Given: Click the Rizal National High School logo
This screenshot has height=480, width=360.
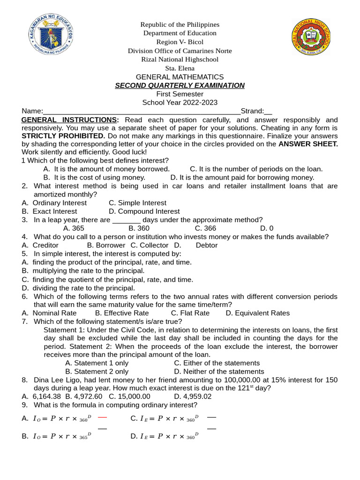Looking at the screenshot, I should pos(311,37).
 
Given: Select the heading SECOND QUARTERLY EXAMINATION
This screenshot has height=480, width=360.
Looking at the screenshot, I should pos(180,85).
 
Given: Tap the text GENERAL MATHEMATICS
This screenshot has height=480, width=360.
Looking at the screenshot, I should pos(180,77).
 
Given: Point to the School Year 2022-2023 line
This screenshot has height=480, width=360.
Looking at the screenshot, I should pos(180,103).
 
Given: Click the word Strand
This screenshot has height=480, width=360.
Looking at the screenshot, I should pos(252,111).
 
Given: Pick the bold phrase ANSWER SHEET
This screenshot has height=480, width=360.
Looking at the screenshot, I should pos(308,144).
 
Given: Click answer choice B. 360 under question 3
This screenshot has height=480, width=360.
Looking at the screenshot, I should pos(139,228).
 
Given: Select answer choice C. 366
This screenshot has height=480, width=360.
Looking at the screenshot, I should pos(205,228).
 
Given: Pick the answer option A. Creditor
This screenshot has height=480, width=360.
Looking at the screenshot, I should pos(40,245).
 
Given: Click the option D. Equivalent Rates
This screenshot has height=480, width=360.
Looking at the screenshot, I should pos(257,313).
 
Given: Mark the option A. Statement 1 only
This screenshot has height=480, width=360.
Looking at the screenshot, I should pos(97,363).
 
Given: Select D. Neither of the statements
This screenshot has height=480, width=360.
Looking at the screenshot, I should pos(219,372).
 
